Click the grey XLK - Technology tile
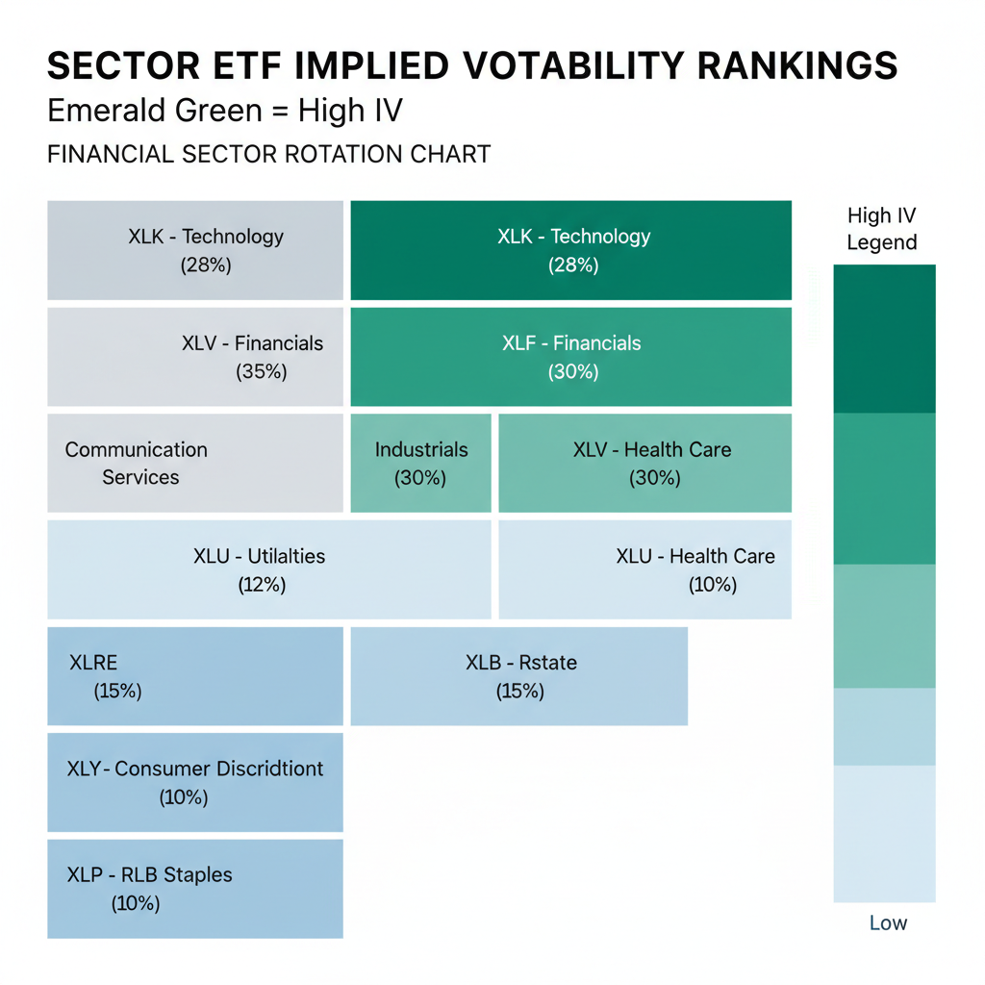195,250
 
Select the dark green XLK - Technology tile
571,250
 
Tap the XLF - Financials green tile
571,357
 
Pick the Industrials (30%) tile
420,463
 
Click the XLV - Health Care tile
645,463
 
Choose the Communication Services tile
195,463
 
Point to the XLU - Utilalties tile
268,569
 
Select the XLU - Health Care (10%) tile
645,569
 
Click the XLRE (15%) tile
195,676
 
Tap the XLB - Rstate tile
519,676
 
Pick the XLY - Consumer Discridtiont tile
195,782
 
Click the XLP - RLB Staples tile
195,889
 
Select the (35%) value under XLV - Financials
262,371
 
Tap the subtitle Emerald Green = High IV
225,112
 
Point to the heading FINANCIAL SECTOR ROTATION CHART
269,154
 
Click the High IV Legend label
882,229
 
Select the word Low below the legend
888,923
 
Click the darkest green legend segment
884,339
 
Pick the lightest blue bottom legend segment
884,833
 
